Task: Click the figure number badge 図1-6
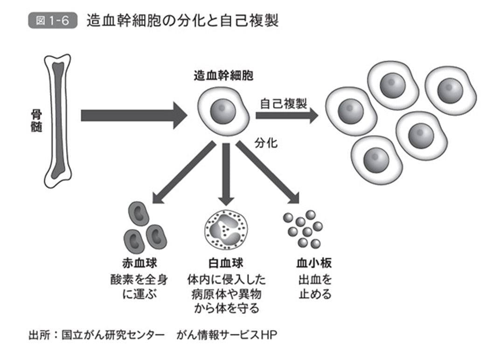click(x=52, y=21)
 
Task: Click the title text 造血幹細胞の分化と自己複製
click(x=182, y=21)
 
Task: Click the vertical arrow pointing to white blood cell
click(x=226, y=173)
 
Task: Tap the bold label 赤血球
click(x=139, y=263)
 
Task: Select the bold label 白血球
click(x=225, y=263)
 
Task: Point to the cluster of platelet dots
click(x=304, y=228)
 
